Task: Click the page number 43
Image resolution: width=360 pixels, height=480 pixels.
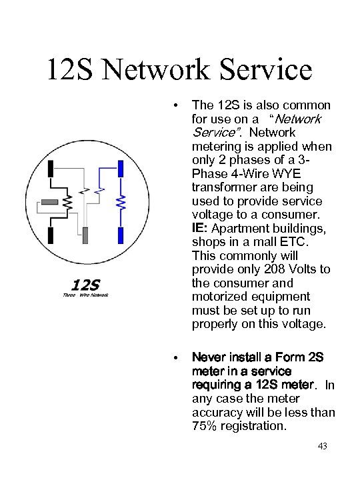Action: [323, 446]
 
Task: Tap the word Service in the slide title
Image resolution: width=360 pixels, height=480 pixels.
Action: [266, 69]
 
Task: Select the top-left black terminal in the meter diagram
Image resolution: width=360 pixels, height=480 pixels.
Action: [51, 169]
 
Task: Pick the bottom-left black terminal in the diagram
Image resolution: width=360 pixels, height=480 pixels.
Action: [51, 235]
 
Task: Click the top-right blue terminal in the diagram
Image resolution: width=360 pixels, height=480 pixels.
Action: [121, 169]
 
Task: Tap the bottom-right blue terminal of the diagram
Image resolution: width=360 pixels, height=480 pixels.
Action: [121, 235]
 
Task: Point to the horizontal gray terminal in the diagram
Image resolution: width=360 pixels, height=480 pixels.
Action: [49, 202]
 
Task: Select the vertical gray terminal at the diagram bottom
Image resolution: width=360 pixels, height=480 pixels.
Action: [85, 235]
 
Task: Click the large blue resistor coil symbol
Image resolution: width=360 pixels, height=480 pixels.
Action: [121, 203]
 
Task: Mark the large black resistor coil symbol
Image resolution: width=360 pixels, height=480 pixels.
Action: [68, 203]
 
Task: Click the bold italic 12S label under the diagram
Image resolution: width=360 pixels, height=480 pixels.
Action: [85, 285]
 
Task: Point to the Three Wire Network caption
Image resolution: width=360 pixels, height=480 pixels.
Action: [85, 295]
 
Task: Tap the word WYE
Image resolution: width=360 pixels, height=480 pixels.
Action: [286, 173]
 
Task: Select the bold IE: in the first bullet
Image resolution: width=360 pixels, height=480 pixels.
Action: [200, 228]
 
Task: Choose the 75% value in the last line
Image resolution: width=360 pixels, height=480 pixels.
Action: [204, 426]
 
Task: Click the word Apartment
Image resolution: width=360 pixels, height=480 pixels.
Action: [241, 229]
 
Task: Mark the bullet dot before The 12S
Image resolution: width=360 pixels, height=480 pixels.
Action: [175, 106]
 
